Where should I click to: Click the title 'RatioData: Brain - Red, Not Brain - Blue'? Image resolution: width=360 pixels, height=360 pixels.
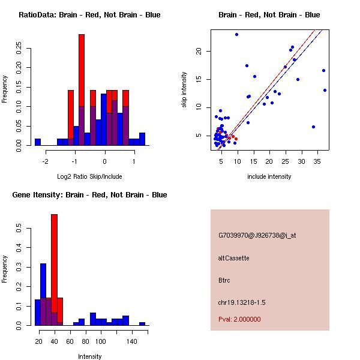(89, 15)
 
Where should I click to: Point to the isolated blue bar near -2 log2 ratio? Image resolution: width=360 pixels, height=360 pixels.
(38, 142)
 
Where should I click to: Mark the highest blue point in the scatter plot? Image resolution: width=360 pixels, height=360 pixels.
(236, 34)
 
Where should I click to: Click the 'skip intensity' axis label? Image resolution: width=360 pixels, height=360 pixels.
(184, 90)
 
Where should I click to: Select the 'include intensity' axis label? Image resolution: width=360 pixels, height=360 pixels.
(269, 176)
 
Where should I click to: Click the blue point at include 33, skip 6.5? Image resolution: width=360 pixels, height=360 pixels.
(313, 127)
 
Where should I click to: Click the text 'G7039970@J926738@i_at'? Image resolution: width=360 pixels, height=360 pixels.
(257, 235)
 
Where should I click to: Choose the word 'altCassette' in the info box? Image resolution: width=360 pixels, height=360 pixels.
(233, 258)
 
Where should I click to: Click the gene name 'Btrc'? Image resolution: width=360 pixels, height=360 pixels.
(225, 280)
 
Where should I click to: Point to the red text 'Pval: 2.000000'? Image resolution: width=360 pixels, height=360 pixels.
(239, 319)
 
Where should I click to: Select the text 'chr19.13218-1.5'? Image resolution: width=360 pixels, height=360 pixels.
(242, 302)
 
